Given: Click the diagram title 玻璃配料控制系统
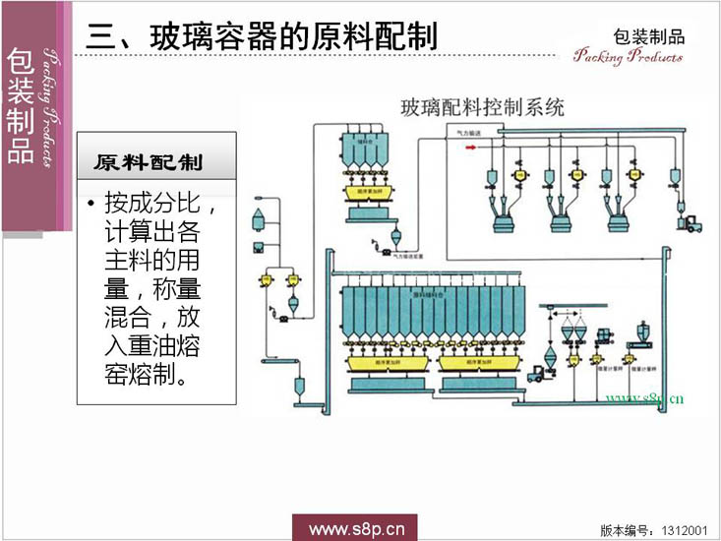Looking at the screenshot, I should (x=483, y=108).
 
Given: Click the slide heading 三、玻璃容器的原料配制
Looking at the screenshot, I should (x=261, y=36).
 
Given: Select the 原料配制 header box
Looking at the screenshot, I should (x=156, y=159).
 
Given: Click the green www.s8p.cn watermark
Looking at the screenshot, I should (x=644, y=399).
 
